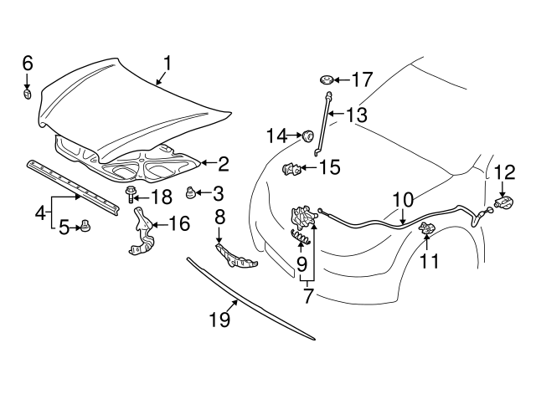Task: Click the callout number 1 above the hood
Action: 167,63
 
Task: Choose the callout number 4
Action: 39,213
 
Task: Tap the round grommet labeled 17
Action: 327,81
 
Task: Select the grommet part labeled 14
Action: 307,134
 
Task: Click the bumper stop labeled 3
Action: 191,194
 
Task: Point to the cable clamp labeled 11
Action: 426,230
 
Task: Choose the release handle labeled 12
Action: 505,202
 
